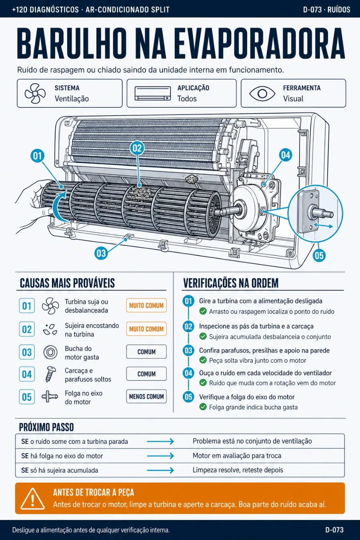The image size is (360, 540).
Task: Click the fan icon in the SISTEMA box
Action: point(35,94)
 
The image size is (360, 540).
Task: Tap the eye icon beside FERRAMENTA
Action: point(262,94)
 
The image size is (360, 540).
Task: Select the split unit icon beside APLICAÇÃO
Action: point(153,94)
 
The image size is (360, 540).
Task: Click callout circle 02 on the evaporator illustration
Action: point(137,148)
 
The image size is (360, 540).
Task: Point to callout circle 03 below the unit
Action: point(101,253)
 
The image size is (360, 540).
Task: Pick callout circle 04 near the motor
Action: point(286,155)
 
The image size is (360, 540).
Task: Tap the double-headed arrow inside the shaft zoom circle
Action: point(323,226)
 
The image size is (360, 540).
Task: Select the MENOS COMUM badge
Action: point(146,396)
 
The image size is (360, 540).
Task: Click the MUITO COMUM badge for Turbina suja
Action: point(146,306)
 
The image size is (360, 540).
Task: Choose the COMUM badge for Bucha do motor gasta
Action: point(146,352)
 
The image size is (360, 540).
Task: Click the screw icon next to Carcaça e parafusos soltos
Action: point(50,374)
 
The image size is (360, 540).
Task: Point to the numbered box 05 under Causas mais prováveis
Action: point(27,397)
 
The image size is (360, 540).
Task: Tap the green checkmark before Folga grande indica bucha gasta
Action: point(203,407)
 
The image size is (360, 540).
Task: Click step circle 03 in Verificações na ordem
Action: point(188,350)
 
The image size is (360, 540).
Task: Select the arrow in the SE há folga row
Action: point(160,456)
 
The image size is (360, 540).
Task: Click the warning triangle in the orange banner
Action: point(32,498)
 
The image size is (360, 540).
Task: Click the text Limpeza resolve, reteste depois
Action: point(238,470)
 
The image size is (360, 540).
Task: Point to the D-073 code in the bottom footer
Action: point(334,530)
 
